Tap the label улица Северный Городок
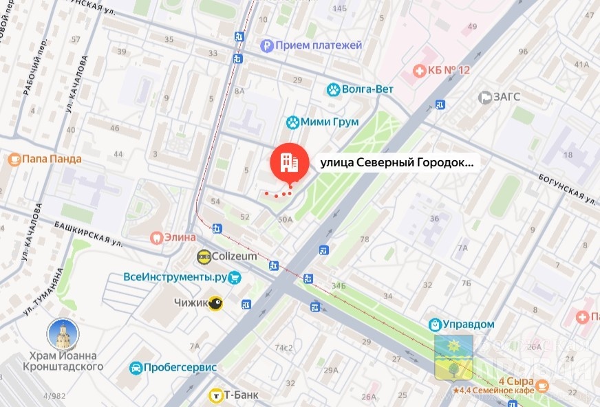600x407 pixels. point(397,164)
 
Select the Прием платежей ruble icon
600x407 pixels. point(266,46)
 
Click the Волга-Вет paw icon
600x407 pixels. point(333,89)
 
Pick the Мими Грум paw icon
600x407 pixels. point(293,122)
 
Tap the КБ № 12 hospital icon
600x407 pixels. point(418,70)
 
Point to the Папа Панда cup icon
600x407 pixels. point(13,159)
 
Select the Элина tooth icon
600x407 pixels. point(156,238)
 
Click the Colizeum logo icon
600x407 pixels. point(204,256)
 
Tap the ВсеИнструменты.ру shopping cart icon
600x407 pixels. point(235,278)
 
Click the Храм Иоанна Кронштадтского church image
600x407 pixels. point(62,335)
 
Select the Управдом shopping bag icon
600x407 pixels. point(435,324)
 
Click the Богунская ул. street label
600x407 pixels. point(568,188)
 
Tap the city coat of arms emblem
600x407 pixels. point(453,357)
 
